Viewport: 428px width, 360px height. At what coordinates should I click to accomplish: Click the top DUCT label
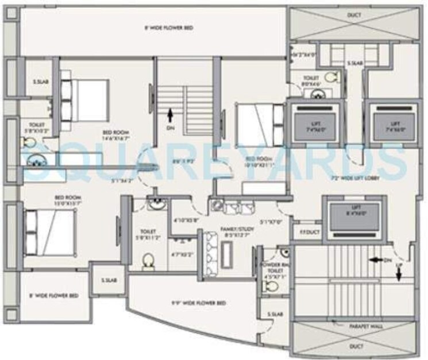click(354, 16)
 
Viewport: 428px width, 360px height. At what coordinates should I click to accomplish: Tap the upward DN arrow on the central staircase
click(171, 115)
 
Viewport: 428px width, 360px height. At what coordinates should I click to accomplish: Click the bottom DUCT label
click(354, 346)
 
